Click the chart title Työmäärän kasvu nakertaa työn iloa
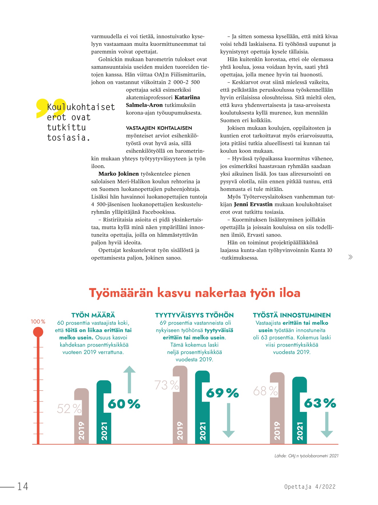[x=194, y=293]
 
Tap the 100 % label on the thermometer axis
[x=38, y=322]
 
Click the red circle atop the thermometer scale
[x=38, y=332]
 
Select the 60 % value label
[x=124, y=404]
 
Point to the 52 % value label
[x=69, y=409]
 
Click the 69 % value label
[x=222, y=393]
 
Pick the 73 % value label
[x=167, y=385]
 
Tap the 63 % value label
[x=320, y=403]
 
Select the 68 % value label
[x=265, y=391]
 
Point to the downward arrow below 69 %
[x=228, y=420]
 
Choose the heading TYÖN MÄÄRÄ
[x=93, y=315]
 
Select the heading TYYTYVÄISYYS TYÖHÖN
[x=194, y=315]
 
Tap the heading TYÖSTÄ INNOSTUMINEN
[x=292, y=315]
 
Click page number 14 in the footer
[x=23, y=486]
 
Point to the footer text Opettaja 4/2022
[x=310, y=487]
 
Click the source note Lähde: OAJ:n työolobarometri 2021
[x=306, y=456]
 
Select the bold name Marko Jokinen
[x=118, y=174]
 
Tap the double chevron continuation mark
[x=350, y=257]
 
